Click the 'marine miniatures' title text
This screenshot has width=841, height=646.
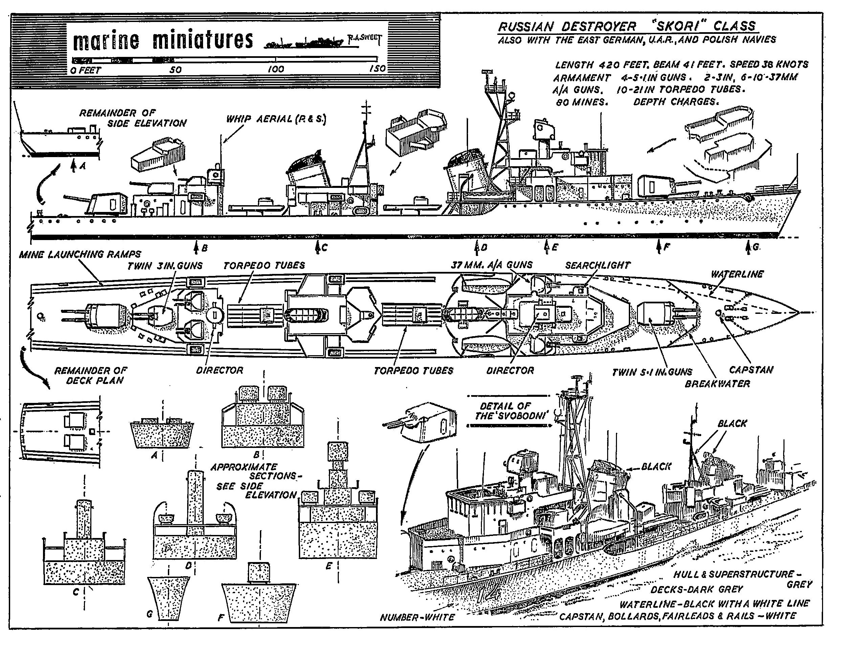163,40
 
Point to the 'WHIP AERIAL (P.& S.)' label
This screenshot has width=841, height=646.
275,119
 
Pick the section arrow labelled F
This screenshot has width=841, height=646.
659,246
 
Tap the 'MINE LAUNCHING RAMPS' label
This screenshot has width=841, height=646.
80,254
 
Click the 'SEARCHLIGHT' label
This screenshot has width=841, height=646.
598,265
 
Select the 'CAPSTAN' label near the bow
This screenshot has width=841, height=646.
751,370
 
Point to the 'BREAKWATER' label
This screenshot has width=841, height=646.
717,384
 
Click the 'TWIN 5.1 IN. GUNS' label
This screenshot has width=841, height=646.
652,372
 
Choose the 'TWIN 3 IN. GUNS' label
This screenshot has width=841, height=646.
165,266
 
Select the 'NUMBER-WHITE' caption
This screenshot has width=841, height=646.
417,618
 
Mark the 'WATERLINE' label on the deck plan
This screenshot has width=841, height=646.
737,274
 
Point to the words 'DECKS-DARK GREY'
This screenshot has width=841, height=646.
696,589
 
